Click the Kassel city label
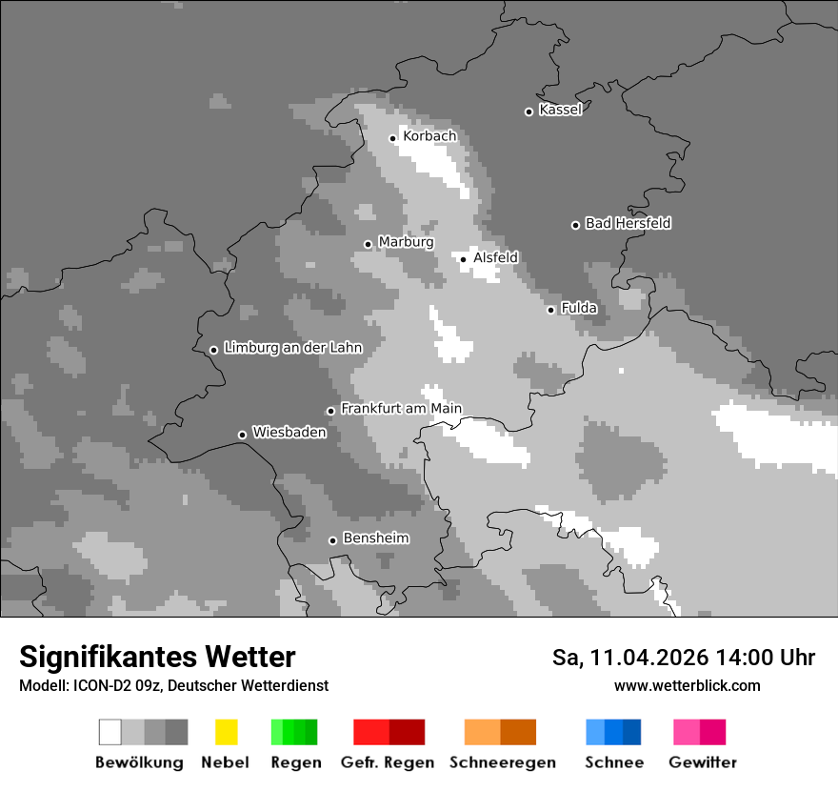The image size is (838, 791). [x=560, y=110]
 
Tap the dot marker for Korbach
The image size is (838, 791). [x=392, y=138]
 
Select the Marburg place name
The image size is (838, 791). [x=406, y=242]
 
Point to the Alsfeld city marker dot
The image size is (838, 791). [x=464, y=259]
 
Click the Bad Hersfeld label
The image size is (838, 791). [x=628, y=223]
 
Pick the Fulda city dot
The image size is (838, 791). [x=550, y=310]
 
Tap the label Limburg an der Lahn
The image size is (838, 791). [x=292, y=348]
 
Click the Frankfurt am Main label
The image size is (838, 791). [x=401, y=409]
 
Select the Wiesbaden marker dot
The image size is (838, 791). [x=242, y=435]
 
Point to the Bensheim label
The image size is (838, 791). [x=375, y=538]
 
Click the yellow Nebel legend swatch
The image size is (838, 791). [x=226, y=732]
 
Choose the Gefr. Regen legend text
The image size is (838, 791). [x=388, y=762]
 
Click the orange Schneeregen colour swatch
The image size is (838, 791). [x=500, y=732]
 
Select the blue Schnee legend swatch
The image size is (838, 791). [x=613, y=732]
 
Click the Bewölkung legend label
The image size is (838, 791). [x=139, y=762]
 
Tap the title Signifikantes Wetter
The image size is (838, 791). [x=157, y=657]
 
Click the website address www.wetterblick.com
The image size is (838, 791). [x=687, y=685]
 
